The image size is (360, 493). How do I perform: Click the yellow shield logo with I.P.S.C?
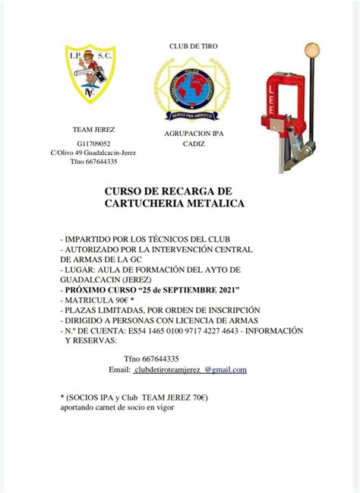click(x=91, y=74)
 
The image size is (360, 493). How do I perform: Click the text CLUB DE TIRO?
click(x=193, y=46)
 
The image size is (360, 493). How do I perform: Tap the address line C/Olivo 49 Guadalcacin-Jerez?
click(x=93, y=152)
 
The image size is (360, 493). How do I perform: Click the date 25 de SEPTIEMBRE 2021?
click(x=177, y=290)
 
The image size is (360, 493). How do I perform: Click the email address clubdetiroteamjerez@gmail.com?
click(x=190, y=369)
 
